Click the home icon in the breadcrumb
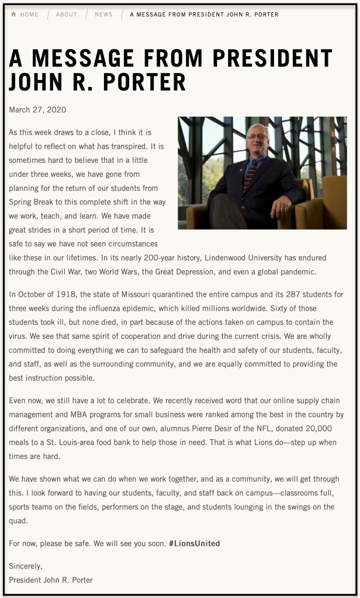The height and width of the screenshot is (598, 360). click(13, 15)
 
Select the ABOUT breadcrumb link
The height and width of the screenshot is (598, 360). click(66, 15)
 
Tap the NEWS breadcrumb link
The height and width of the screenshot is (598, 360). click(103, 15)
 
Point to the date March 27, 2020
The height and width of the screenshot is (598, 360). click(37, 110)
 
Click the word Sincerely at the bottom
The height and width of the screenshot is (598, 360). click(26, 566)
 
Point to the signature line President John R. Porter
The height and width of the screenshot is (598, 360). click(51, 580)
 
